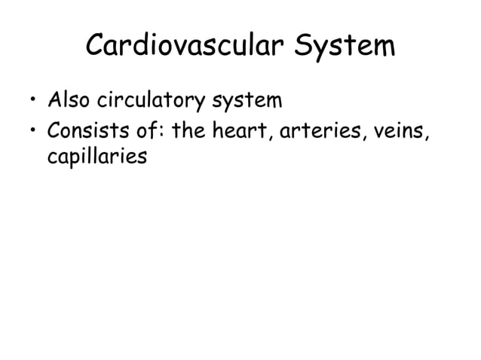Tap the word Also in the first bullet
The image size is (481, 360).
[x=69, y=100]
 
